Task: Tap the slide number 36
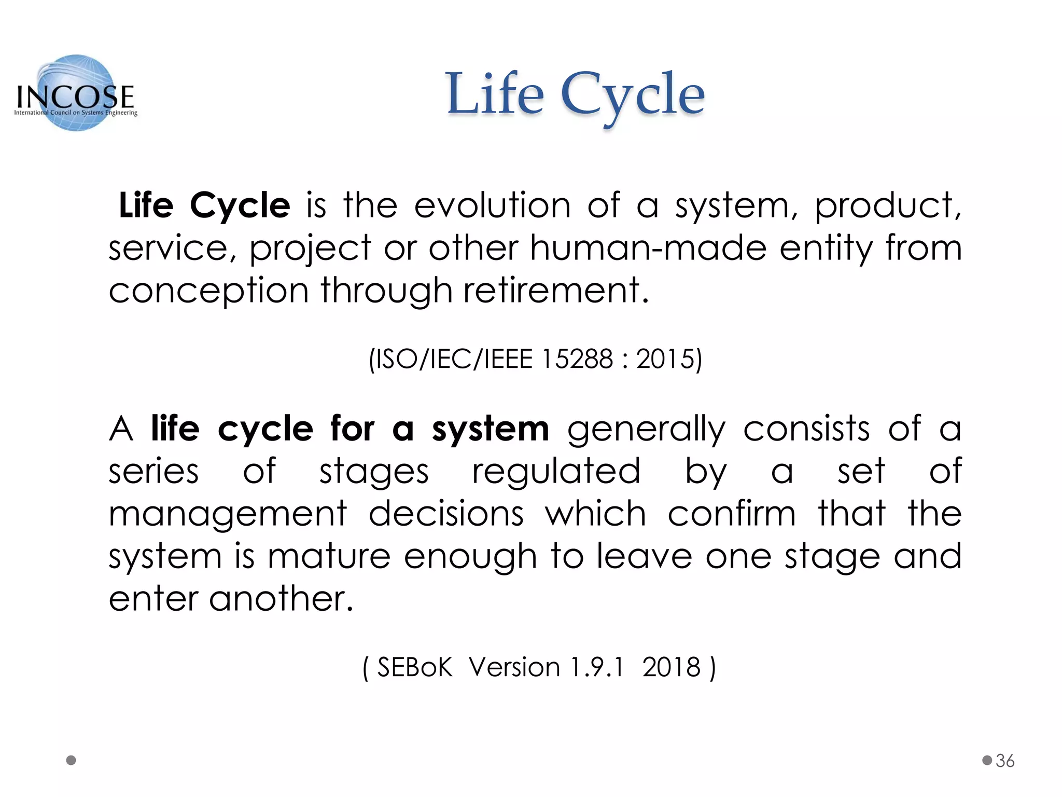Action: point(1005,761)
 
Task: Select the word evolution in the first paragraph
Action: point(492,205)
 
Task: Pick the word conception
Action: point(208,291)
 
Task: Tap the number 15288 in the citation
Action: point(577,359)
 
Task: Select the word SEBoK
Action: point(414,667)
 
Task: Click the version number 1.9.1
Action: point(597,667)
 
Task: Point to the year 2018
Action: point(671,667)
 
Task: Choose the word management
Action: point(228,515)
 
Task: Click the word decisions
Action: point(446,514)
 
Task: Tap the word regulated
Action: point(556,472)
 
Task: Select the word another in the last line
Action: point(281,599)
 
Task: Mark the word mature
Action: point(329,556)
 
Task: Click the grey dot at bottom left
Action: point(72,760)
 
